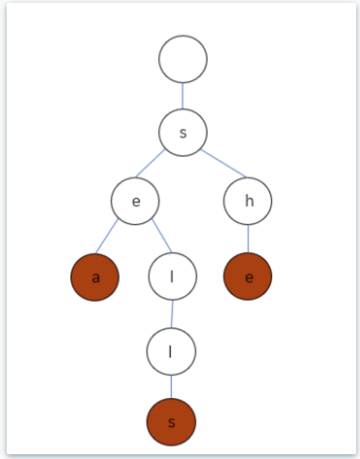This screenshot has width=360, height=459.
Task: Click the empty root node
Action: [x=183, y=59]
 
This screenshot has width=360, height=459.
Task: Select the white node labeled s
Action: [x=183, y=132]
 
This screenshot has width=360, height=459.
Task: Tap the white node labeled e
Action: [x=135, y=201]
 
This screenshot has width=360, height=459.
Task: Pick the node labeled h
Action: [x=248, y=201]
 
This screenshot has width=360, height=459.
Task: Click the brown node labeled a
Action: [x=95, y=277]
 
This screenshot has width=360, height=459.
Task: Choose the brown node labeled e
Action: [x=248, y=277]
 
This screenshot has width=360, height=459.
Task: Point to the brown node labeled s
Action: [x=171, y=422]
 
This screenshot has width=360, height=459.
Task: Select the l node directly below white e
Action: [x=172, y=277]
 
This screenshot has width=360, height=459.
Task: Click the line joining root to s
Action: [x=183, y=96]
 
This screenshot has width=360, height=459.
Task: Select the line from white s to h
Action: [x=223, y=164]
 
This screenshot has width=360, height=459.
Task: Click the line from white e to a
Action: [x=107, y=236]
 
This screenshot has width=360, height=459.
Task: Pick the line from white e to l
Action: [x=162, y=236]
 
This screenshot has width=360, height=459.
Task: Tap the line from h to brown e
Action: [x=248, y=239]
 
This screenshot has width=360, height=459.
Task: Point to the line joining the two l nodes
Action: [x=172, y=314]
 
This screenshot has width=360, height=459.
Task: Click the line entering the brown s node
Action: [x=171, y=387]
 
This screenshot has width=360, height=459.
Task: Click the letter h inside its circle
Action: [x=249, y=201]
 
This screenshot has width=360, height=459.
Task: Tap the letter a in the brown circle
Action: [x=95, y=278]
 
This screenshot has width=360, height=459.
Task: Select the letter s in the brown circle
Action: [x=172, y=422]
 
